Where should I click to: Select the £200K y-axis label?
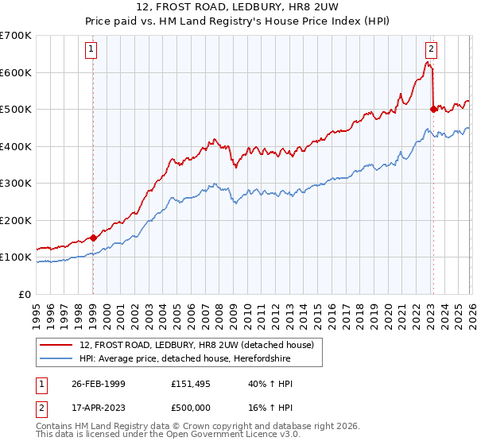pyautogui.click(x=16, y=220)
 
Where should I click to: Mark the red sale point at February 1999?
pyautogui.click(x=93, y=237)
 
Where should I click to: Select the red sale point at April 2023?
pyautogui.click(x=433, y=110)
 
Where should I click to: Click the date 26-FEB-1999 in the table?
pyautogui.click(x=97, y=383)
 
